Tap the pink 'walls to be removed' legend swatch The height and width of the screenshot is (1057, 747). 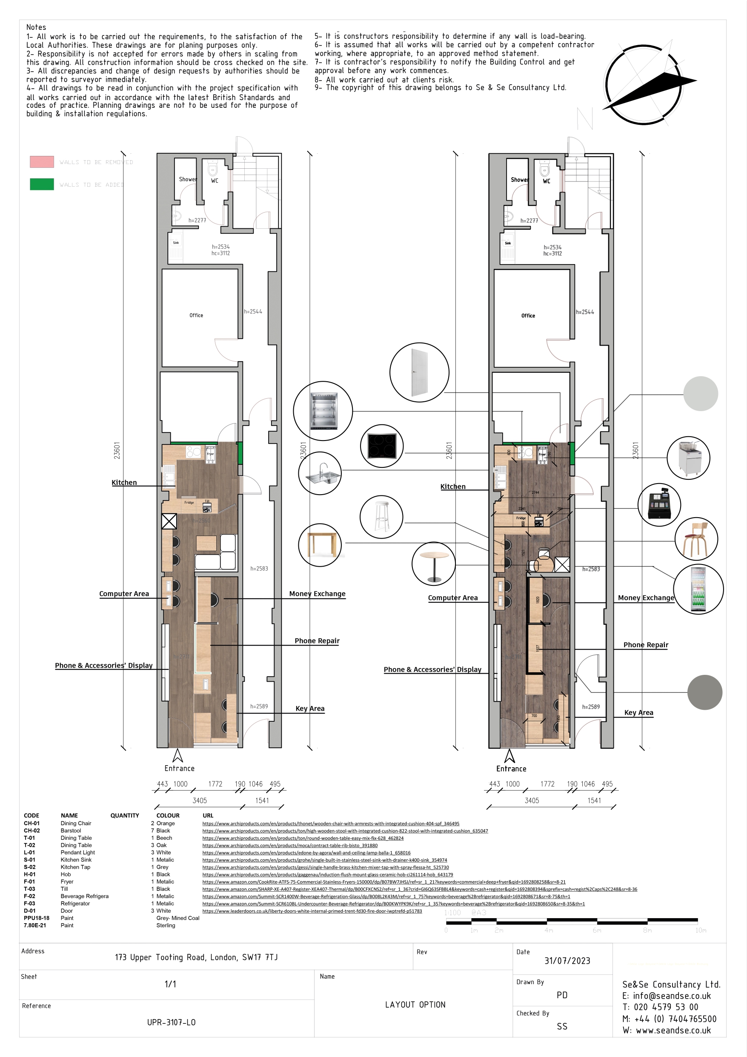pyautogui.click(x=42, y=161)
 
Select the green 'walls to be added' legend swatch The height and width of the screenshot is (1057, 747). pyautogui.click(x=42, y=184)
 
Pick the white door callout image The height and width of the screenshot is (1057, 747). pyautogui.click(x=419, y=372)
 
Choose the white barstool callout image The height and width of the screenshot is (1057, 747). pyautogui.click(x=381, y=516)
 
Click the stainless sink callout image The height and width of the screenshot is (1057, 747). pyautogui.click(x=320, y=473)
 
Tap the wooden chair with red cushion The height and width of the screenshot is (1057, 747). pyautogui.click(x=696, y=539)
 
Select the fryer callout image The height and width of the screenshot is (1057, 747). pyautogui.click(x=688, y=458)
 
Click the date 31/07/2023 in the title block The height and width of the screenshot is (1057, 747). pyautogui.click(x=567, y=961)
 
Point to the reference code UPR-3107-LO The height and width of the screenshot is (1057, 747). pyautogui.click(x=171, y=1022)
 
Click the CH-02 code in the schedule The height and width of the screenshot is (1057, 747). pyautogui.click(x=32, y=830)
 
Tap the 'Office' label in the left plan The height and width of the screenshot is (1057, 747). pyautogui.click(x=196, y=315)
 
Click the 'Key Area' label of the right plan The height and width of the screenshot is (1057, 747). pyautogui.click(x=638, y=713)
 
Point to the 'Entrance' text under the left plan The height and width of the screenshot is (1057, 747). pyautogui.click(x=179, y=768)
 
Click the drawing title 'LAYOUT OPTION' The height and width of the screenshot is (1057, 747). pyautogui.click(x=415, y=1005)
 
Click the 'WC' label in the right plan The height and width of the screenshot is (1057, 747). pyautogui.click(x=547, y=181)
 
